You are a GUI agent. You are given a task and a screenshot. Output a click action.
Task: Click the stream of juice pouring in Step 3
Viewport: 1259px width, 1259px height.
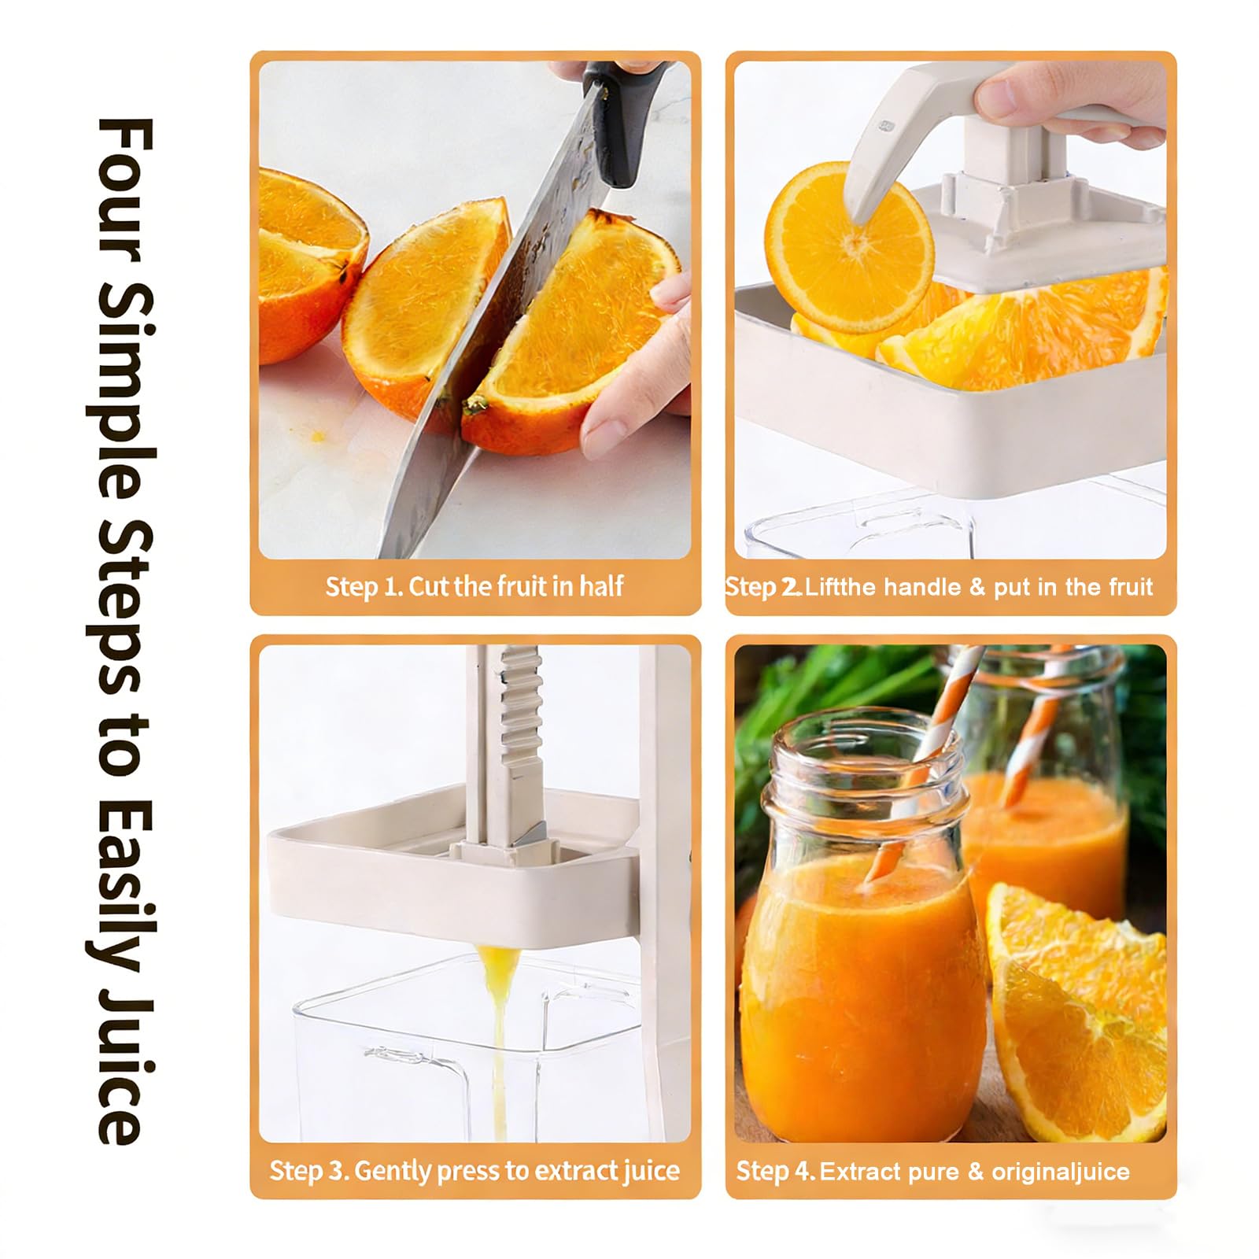tap(497, 1039)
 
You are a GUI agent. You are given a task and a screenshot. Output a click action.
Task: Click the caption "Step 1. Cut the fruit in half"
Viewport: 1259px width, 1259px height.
tap(474, 586)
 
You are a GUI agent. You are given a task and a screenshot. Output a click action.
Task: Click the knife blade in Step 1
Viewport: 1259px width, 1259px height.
tap(504, 330)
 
